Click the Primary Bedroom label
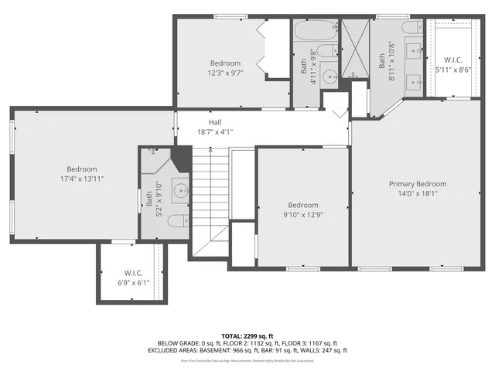click(x=418, y=184)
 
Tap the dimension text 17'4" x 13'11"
click(x=81, y=179)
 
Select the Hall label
click(x=215, y=122)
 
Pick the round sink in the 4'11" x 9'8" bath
click(x=328, y=76)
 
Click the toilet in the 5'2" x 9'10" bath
click(x=176, y=221)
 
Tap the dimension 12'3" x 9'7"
click(x=225, y=73)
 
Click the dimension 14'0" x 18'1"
click(x=418, y=193)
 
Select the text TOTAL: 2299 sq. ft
click(x=247, y=335)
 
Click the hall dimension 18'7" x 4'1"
click(x=215, y=131)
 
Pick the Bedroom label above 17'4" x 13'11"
click(x=81, y=169)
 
